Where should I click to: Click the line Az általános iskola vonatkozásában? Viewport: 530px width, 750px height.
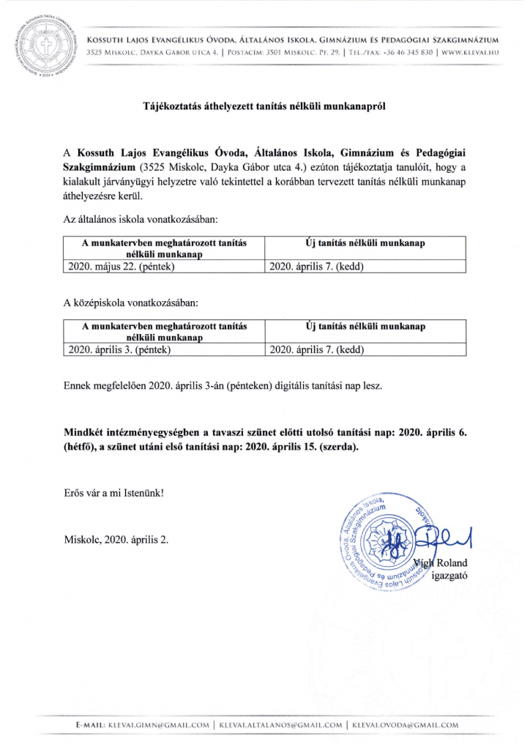141,219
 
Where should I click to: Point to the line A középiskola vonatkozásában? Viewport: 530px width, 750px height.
131,302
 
